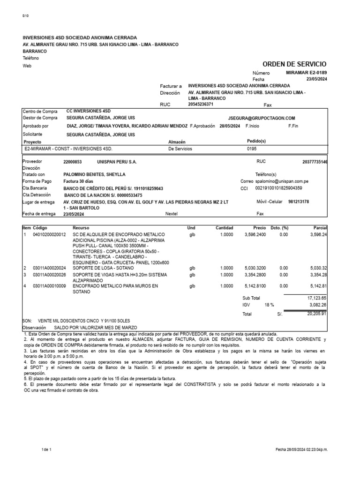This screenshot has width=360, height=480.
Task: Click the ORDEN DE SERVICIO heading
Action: click(294, 64)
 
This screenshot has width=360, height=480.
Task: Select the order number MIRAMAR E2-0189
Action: click(307, 73)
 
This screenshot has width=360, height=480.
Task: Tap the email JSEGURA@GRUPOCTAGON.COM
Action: click(262, 118)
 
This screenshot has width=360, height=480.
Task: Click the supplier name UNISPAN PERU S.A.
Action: click(117, 161)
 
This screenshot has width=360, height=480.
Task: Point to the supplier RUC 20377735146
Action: click(315, 161)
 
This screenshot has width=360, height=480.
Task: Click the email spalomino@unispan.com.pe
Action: click(281, 181)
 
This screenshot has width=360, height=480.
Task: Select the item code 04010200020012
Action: click(49, 234)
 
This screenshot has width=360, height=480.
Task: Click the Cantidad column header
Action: click(224, 228)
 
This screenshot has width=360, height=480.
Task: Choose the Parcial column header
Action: click(320, 228)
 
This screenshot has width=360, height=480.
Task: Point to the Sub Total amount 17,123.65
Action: click(317, 298)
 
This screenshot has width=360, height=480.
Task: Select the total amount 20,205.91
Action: click(317, 314)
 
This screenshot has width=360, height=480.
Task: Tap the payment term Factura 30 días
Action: click(79, 181)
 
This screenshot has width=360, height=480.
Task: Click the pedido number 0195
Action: click(252, 149)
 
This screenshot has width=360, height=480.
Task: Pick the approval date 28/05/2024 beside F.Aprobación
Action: click(229, 126)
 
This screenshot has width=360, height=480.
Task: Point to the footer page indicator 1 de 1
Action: click(46, 450)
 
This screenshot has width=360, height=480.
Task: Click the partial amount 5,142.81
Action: click(319, 285)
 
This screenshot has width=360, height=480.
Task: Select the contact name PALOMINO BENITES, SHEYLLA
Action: click(94, 174)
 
